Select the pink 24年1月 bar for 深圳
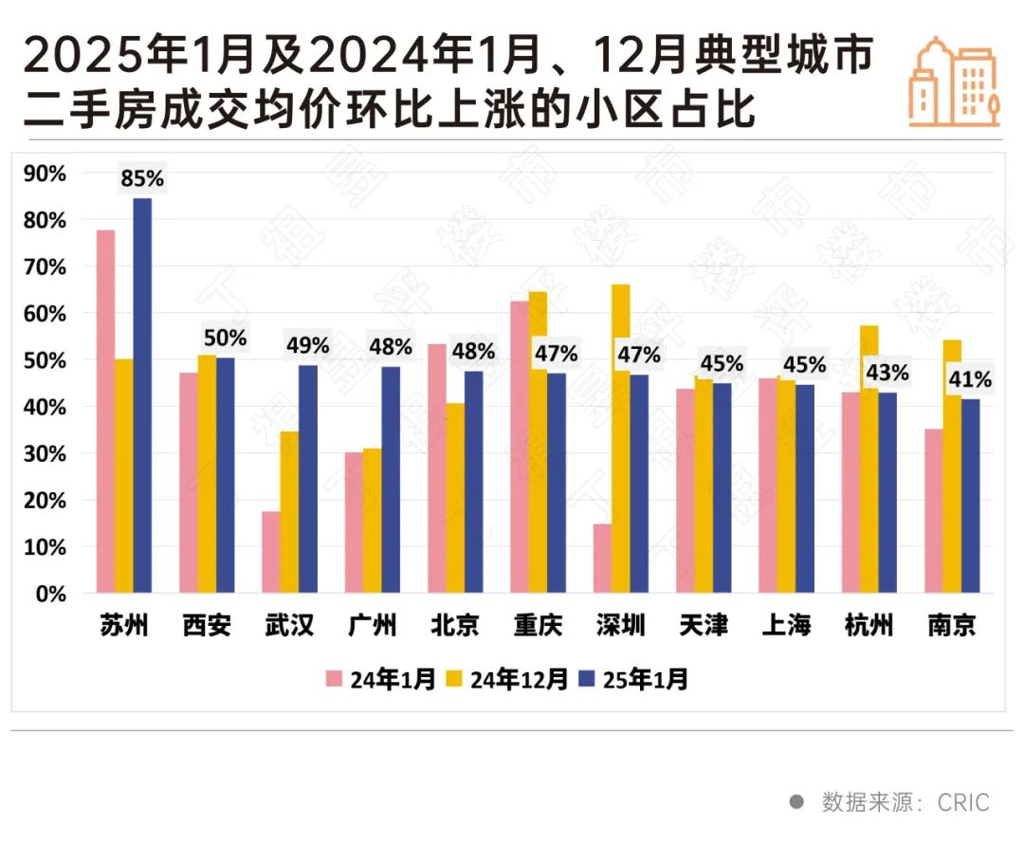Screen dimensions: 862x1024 click(x=602, y=559)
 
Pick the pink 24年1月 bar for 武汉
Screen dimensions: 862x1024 click(x=271, y=552)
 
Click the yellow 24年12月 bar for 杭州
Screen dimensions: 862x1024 click(x=869, y=460)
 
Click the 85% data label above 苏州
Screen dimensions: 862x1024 click(x=142, y=177)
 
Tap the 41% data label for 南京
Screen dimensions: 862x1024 click(x=970, y=379)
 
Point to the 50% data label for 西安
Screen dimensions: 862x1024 click(x=225, y=339)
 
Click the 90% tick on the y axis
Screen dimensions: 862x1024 click(x=45, y=174)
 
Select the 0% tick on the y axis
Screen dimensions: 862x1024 click(x=49, y=594)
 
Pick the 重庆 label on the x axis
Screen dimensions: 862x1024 click(x=538, y=627)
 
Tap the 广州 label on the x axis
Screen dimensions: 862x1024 click(x=372, y=627)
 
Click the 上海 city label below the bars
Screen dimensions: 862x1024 click(x=786, y=627)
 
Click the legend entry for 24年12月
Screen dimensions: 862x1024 click(x=507, y=679)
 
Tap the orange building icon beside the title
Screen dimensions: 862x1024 click(x=953, y=83)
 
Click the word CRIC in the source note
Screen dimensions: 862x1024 click(x=963, y=802)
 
